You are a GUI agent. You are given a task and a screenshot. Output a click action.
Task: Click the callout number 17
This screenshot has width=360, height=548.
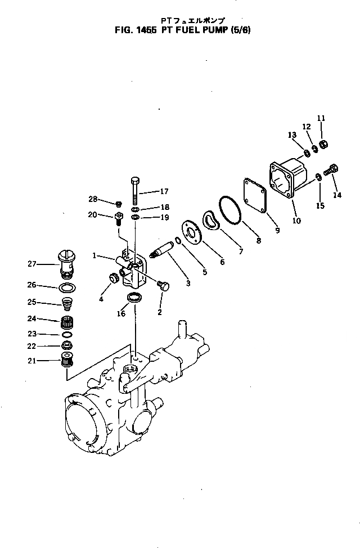[164, 191]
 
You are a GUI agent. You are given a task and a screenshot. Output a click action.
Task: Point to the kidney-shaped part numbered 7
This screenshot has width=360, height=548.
[213, 221]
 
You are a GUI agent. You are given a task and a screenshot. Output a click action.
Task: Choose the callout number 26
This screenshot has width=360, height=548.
[32, 285]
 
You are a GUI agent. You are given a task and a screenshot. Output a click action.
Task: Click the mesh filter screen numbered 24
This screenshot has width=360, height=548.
[67, 325]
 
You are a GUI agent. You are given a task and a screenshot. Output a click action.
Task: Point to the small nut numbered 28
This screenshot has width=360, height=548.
[119, 203]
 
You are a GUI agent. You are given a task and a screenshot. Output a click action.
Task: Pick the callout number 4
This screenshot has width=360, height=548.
[101, 299]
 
